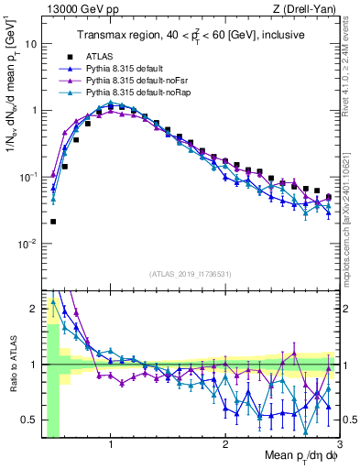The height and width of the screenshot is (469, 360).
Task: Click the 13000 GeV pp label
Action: coord(72,8)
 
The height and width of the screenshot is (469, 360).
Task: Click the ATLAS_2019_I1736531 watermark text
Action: coord(190,273)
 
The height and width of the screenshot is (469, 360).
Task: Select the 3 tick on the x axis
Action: coord(339,447)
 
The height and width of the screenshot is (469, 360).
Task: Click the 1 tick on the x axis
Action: coord(111,447)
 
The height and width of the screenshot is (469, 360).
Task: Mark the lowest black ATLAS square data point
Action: coord(53,222)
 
